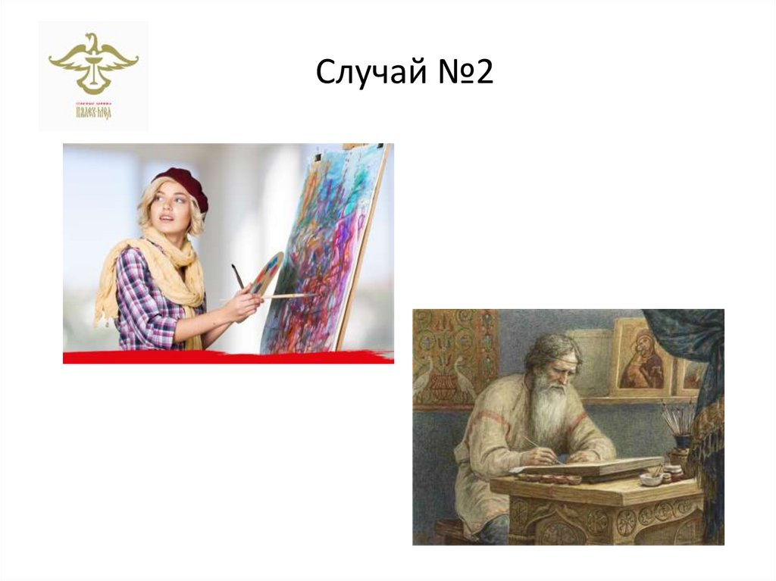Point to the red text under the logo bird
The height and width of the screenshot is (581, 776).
(x=93, y=114)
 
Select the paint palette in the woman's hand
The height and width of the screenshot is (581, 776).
(x=268, y=273)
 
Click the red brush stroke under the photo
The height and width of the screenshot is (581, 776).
(x=227, y=357)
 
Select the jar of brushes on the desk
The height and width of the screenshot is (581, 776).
(x=679, y=428)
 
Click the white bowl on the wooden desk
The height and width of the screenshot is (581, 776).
(x=650, y=479)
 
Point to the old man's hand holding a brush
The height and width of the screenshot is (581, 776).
(x=543, y=456)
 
